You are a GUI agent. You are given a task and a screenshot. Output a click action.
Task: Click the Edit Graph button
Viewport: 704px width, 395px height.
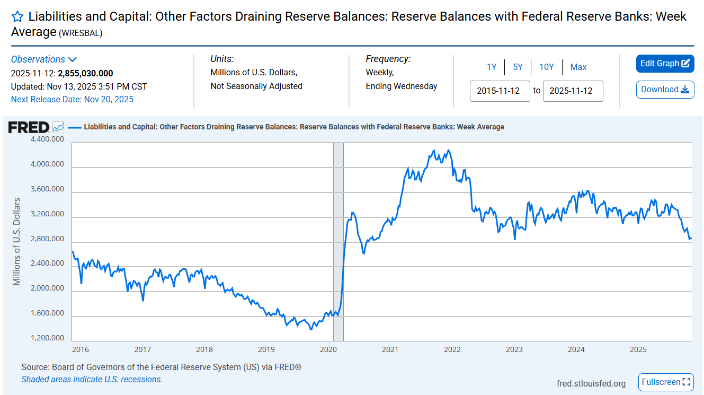point(665,64)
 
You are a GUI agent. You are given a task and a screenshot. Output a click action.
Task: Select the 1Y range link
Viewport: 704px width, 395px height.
point(492,67)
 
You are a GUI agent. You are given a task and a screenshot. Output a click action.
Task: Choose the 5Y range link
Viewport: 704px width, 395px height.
point(518,67)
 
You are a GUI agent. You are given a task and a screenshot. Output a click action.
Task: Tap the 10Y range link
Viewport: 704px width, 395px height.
point(546,67)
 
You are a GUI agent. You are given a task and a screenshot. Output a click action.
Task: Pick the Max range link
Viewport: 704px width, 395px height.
point(578,67)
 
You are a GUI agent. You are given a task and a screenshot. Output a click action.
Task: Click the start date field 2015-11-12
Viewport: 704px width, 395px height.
point(500,91)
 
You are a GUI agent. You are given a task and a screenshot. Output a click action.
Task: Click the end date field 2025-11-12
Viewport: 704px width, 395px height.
point(573,91)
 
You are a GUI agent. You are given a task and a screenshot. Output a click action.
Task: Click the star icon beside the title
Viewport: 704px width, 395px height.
point(17,16)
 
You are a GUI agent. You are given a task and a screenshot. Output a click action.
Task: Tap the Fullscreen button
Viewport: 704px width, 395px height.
point(666,382)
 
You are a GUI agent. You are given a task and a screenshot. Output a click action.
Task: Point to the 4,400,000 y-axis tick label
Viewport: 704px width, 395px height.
point(46,139)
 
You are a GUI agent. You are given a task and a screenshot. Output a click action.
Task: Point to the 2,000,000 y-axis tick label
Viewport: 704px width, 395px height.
point(46,288)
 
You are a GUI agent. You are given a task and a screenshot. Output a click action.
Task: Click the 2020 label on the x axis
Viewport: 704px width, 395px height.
point(328,349)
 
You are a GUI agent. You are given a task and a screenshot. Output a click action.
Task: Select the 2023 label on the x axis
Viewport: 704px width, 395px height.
point(514,349)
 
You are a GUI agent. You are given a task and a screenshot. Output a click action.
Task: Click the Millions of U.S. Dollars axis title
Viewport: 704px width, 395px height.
point(17,241)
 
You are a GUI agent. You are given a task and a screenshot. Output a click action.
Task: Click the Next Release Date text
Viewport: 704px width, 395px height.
point(72,99)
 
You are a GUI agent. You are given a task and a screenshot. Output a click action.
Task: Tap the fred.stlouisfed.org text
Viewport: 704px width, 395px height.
point(591,383)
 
